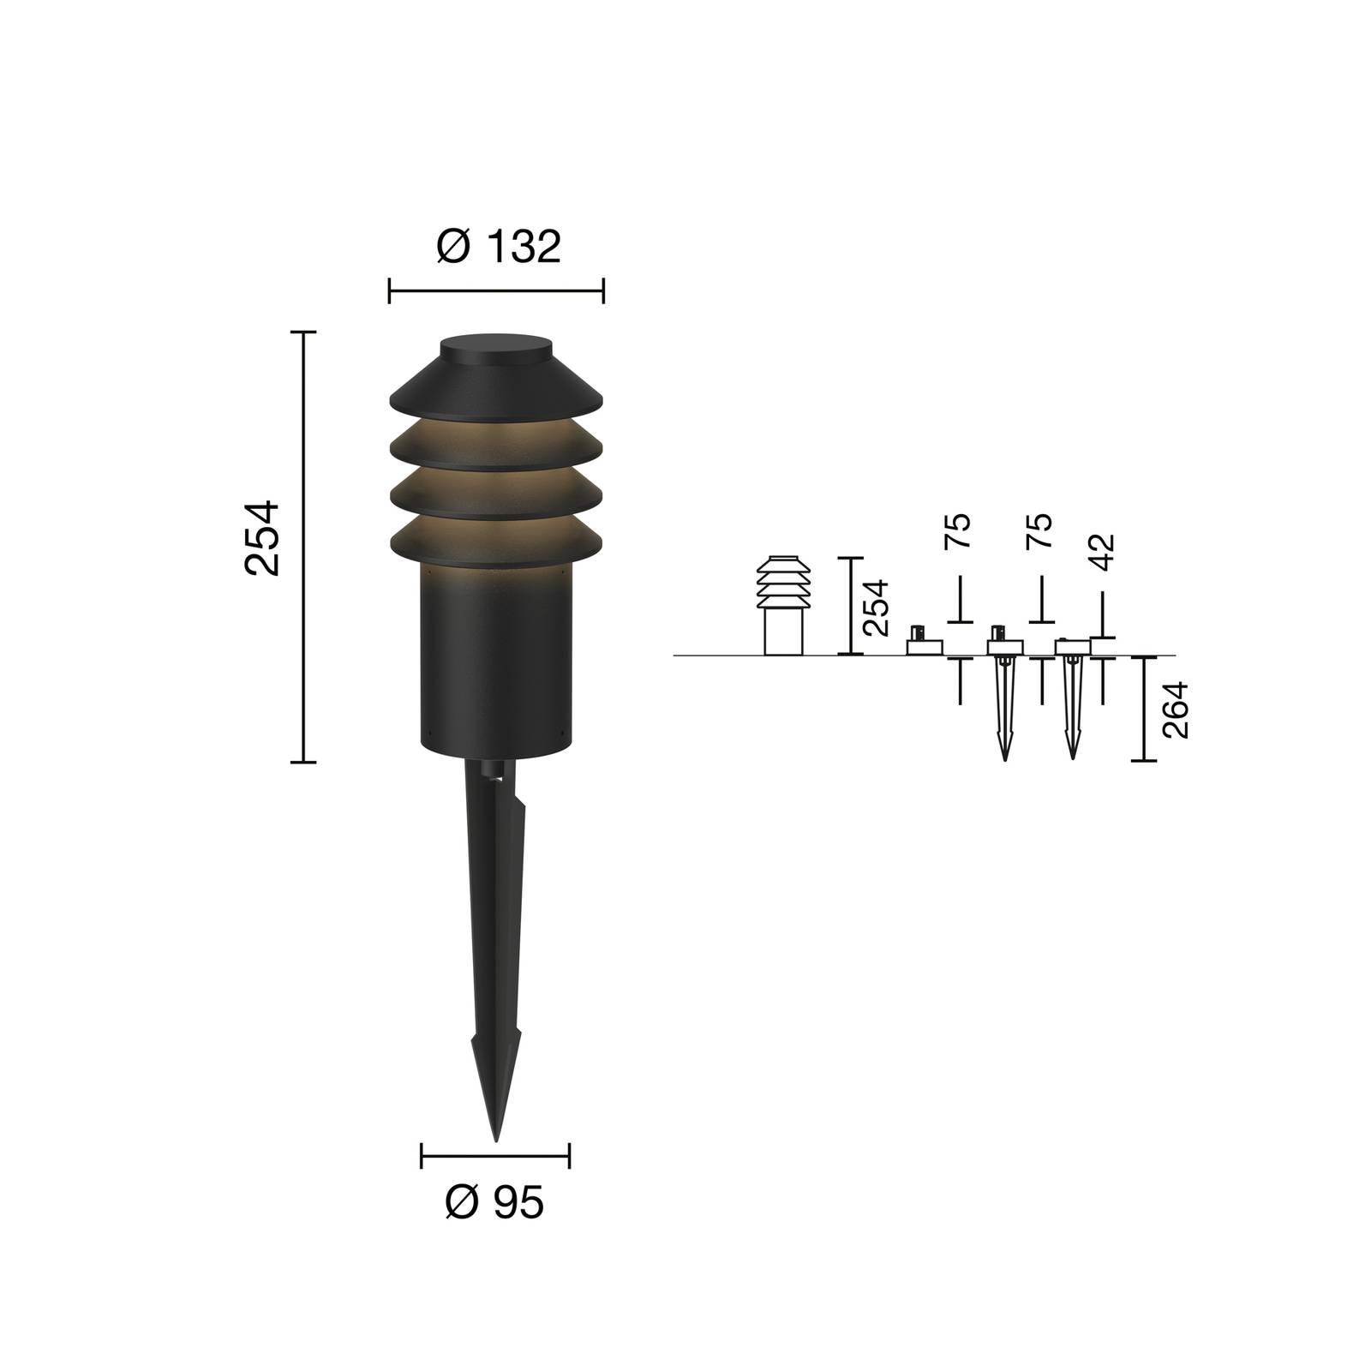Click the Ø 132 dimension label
tap(498, 247)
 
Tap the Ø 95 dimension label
tap(494, 1203)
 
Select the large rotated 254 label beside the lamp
tap(262, 538)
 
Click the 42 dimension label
tap(1103, 553)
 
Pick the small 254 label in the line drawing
tap(875, 608)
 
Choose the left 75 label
tap(959, 531)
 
